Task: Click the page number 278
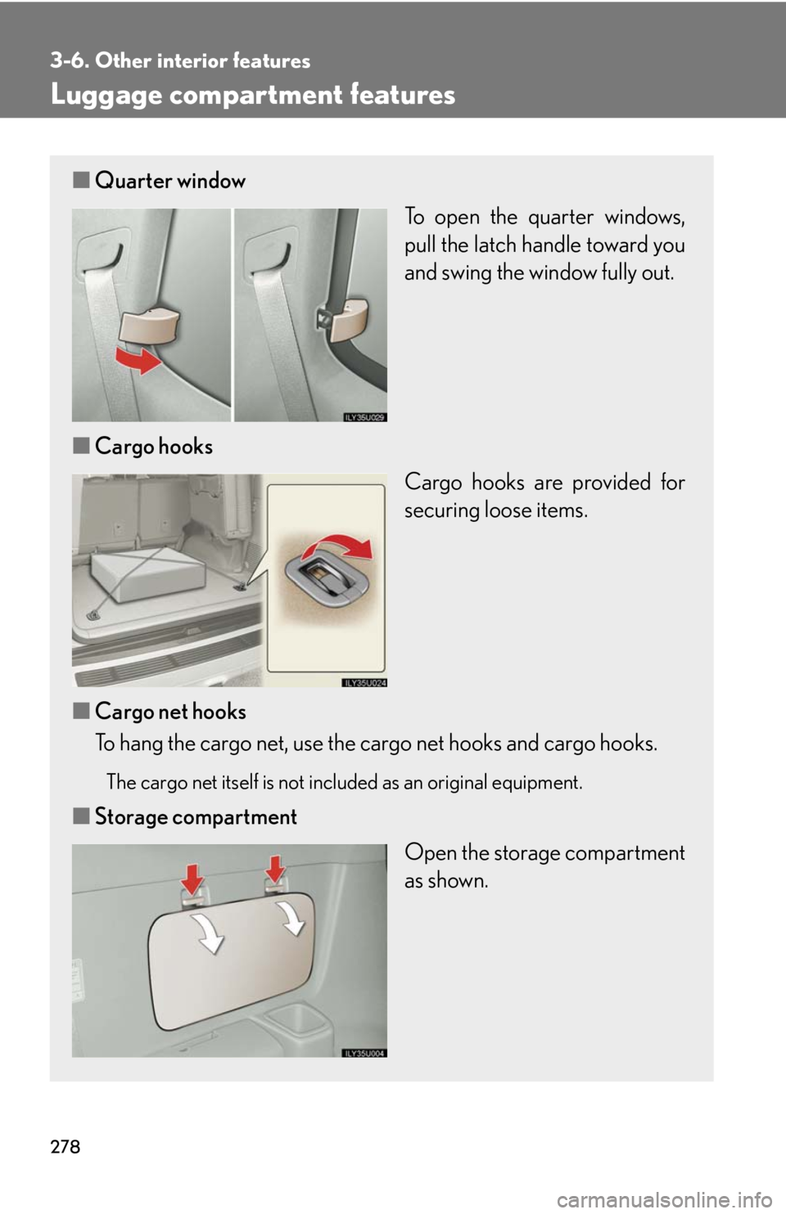click(x=65, y=1146)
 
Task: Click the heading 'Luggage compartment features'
click(x=253, y=96)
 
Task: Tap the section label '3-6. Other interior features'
click(x=180, y=61)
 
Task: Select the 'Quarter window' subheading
click(x=170, y=181)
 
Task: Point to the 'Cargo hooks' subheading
click(x=154, y=447)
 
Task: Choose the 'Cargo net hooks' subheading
click(x=170, y=712)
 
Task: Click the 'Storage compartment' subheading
click(x=196, y=816)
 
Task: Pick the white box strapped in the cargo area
click(x=148, y=573)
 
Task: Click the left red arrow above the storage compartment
click(x=192, y=879)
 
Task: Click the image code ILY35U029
click(x=364, y=416)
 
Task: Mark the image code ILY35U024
click(x=364, y=682)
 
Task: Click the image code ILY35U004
click(x=364, y=1053)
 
